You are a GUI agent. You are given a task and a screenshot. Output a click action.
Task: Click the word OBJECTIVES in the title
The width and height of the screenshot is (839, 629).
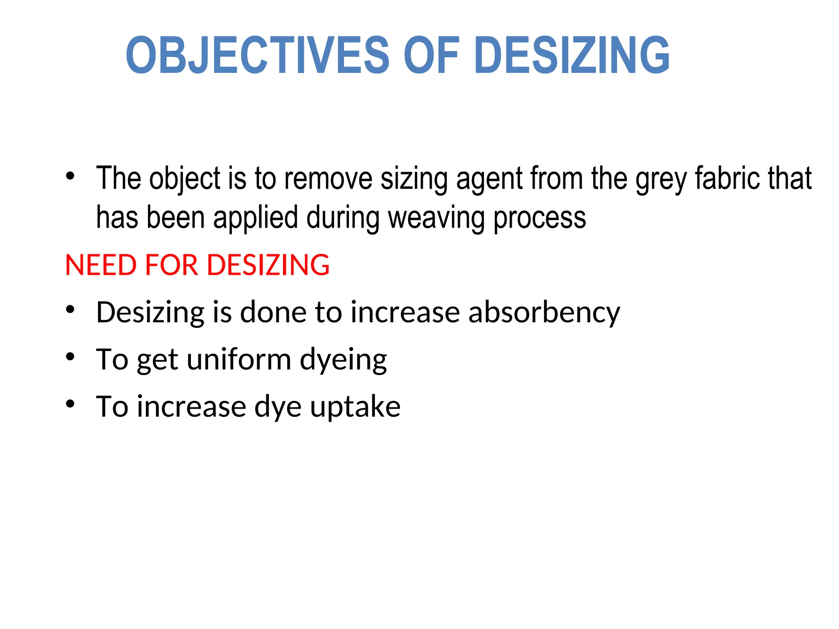(257, 55)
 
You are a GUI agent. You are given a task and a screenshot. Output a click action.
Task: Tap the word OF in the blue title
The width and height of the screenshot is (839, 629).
(431, 55)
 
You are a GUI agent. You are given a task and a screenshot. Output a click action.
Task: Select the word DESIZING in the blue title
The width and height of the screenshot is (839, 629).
(572, 55)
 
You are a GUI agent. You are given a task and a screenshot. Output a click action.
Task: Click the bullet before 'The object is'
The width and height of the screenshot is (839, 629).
(70, 176)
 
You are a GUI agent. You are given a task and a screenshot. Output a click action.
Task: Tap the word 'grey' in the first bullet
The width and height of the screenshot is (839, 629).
(661, 180)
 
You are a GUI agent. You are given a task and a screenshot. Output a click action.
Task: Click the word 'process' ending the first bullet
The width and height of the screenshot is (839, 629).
(540, 219)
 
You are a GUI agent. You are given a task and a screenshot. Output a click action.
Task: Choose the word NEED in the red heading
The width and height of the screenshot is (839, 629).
(101, 265)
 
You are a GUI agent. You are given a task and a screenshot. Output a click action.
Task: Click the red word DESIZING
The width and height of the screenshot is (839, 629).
(268, 265)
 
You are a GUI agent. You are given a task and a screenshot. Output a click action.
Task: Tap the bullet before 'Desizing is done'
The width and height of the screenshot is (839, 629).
(70, 310)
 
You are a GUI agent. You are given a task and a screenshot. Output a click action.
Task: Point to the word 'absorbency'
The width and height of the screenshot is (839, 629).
(544, 313)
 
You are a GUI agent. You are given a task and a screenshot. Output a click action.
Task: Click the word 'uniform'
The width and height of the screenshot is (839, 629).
(239, 360)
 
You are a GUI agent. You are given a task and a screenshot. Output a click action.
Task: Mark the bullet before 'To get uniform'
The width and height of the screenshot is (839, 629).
(70, 357)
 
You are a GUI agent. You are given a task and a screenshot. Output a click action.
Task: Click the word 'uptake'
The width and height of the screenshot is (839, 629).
(355, 407)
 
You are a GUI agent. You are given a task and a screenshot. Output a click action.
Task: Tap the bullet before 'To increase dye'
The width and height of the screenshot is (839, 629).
(70, 404)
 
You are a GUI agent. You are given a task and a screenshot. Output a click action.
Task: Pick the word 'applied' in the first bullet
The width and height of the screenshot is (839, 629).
(255, 218)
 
